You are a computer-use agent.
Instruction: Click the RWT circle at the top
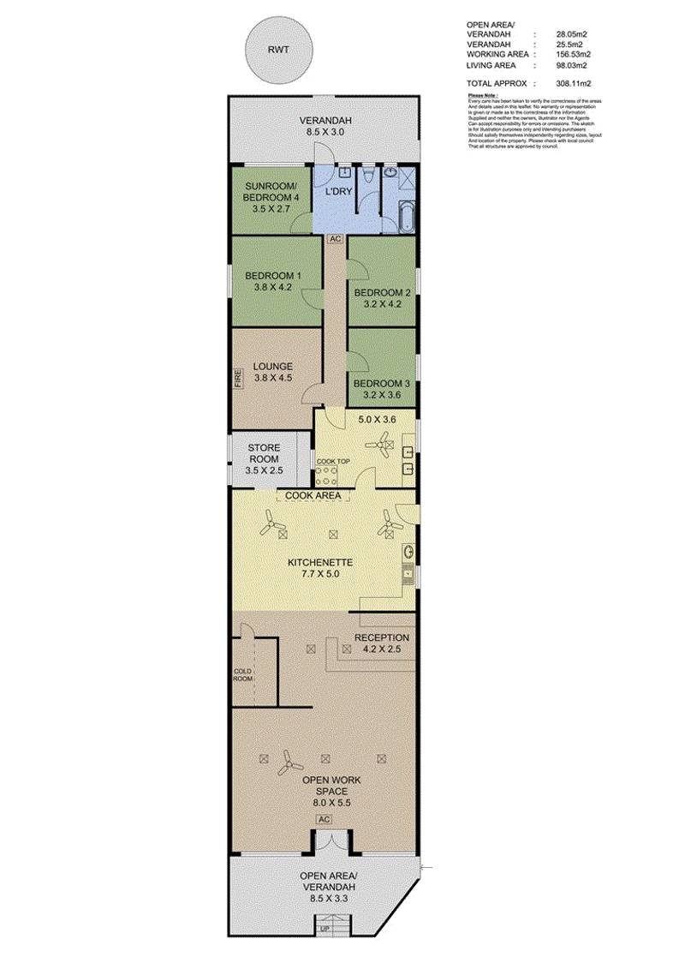(277, 51)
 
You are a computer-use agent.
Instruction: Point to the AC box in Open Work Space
(324, 819)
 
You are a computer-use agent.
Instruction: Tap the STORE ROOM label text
(265, 453)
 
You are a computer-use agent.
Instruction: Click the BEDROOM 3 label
(382, 383)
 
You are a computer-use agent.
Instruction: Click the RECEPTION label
(382, 637)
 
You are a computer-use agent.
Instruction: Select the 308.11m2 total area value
(573, 84)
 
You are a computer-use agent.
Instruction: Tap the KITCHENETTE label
(319, 562)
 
